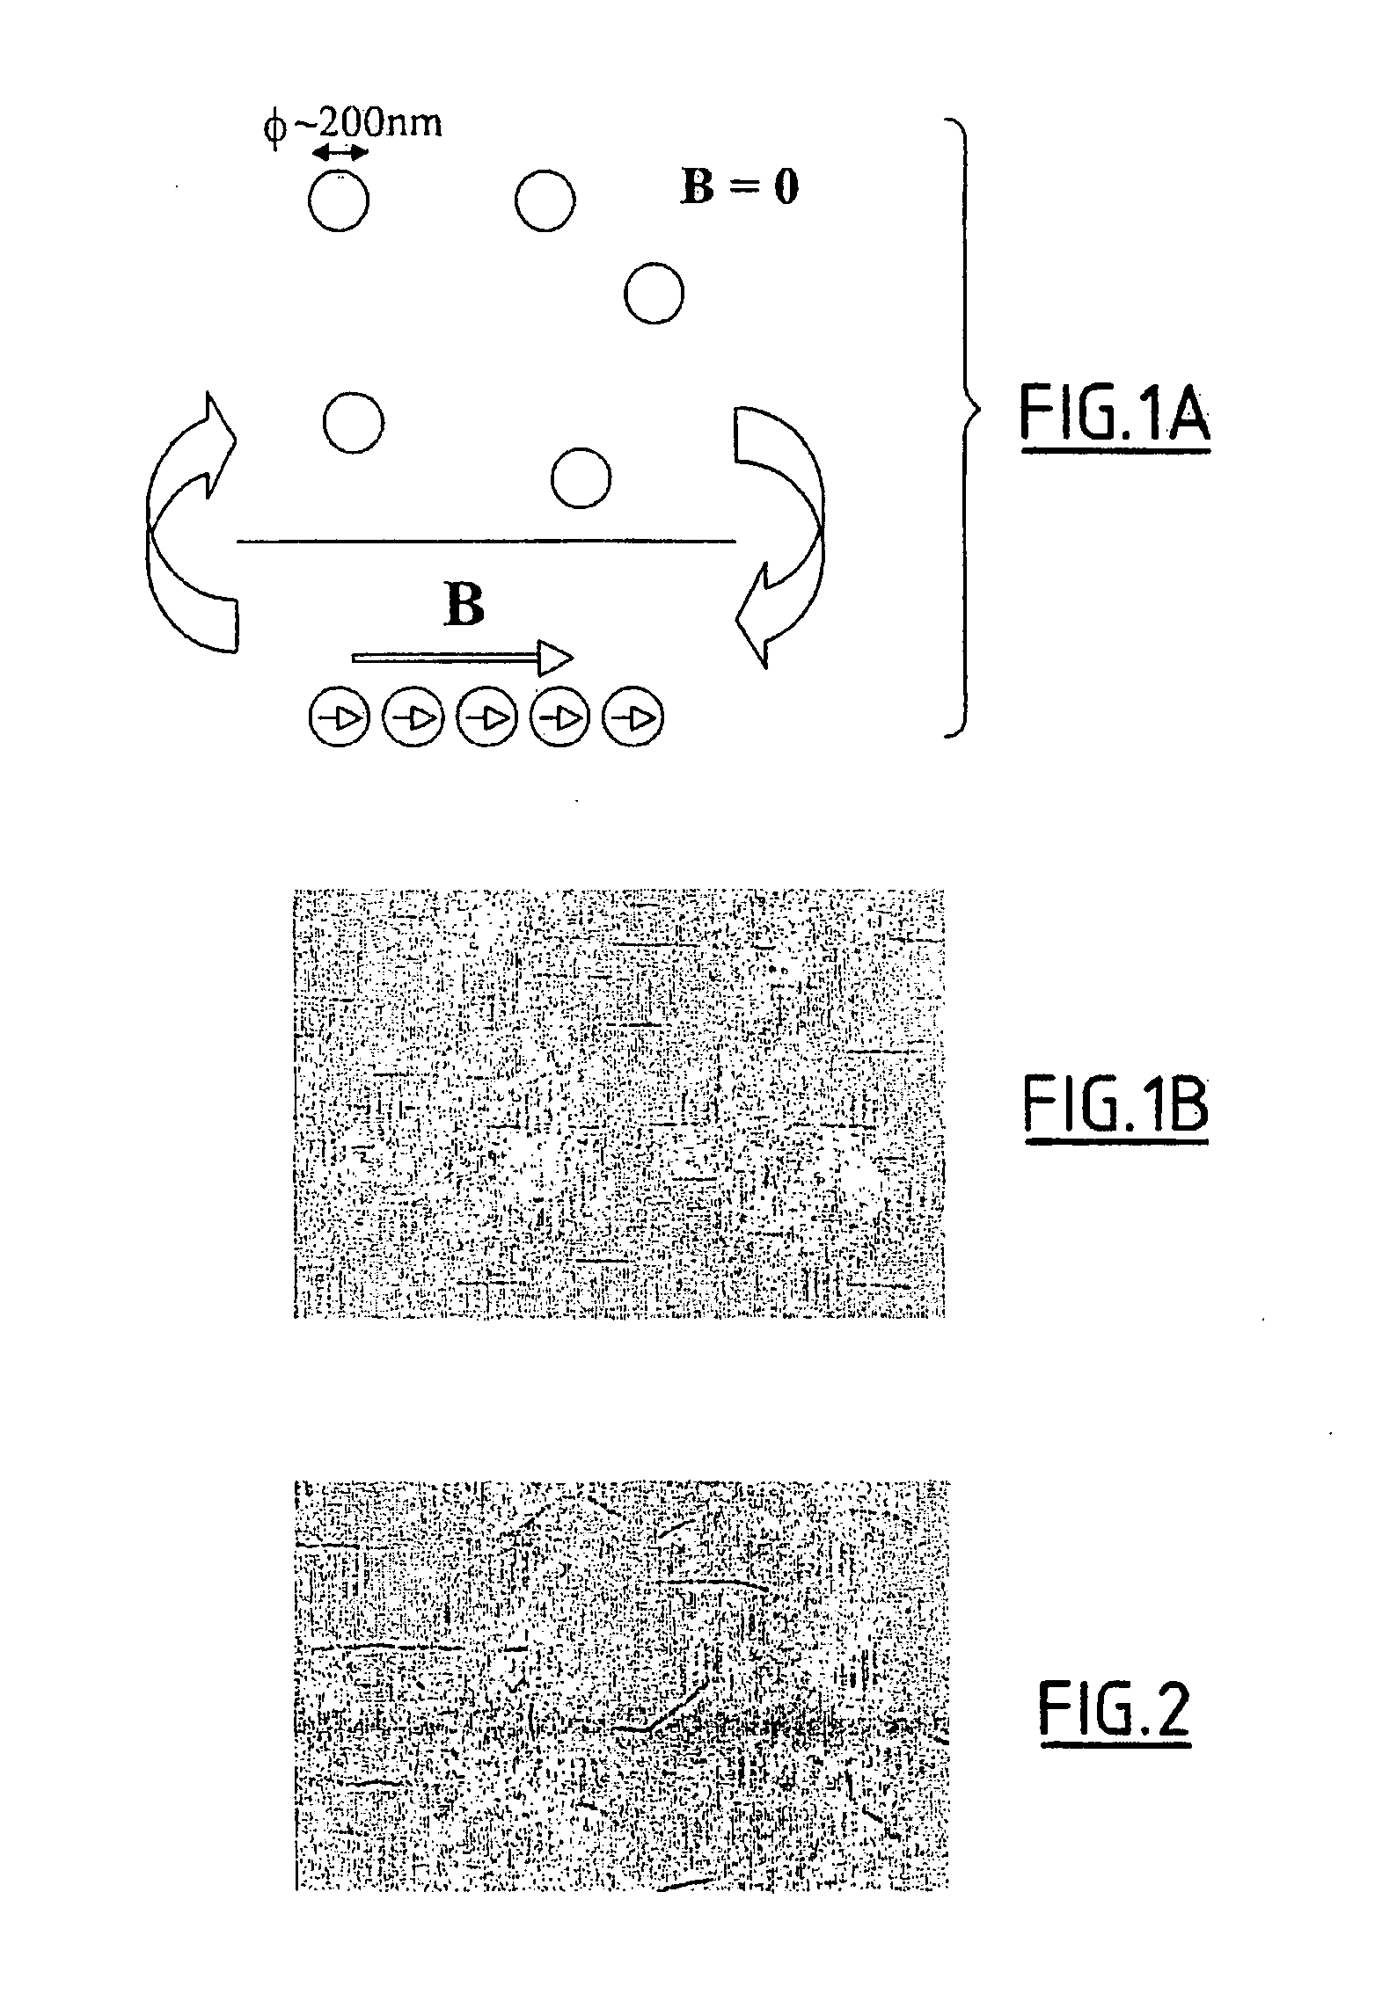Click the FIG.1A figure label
[1114, 417]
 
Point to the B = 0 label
[739, 187]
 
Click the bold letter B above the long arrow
[464, 606]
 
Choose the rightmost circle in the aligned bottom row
[633, 718]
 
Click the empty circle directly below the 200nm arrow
[339, 201]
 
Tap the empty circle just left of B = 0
[545, 201]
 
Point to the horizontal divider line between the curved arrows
[486, 542]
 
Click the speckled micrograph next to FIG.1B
[618, 1103]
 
